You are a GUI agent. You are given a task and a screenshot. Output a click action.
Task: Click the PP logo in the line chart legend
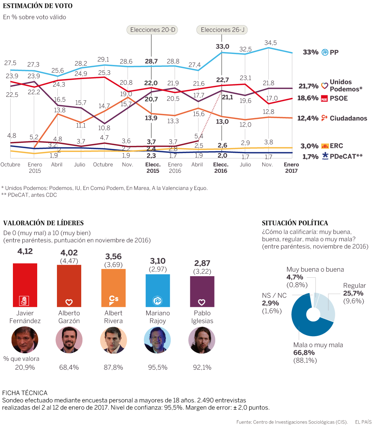(325, 52)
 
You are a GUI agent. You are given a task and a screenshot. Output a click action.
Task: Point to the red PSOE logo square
(324, 98)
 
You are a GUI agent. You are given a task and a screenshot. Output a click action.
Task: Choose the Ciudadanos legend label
(348, 118)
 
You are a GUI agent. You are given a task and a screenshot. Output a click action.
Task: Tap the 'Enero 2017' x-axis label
(292, 168)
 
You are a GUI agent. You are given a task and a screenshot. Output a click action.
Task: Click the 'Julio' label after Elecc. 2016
(246, 164)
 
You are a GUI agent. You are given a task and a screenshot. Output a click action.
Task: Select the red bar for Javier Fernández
(25, 285)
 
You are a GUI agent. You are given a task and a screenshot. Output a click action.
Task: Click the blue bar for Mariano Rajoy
(158, 291)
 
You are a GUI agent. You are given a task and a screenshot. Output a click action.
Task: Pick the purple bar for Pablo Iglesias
(202, 291)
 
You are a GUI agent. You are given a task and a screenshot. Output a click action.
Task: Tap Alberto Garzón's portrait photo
(69, 340)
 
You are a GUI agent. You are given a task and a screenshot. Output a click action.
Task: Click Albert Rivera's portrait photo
(113, 340)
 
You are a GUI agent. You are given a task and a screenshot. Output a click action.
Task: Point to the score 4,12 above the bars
(25, 251)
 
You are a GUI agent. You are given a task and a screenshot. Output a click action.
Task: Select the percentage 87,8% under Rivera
(113, 367)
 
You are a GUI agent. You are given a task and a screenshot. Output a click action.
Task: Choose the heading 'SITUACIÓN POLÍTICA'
(295, 223)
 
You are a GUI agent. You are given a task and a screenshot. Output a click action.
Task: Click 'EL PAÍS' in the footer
(363, 422)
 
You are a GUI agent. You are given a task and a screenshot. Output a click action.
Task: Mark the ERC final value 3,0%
(309, 146)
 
